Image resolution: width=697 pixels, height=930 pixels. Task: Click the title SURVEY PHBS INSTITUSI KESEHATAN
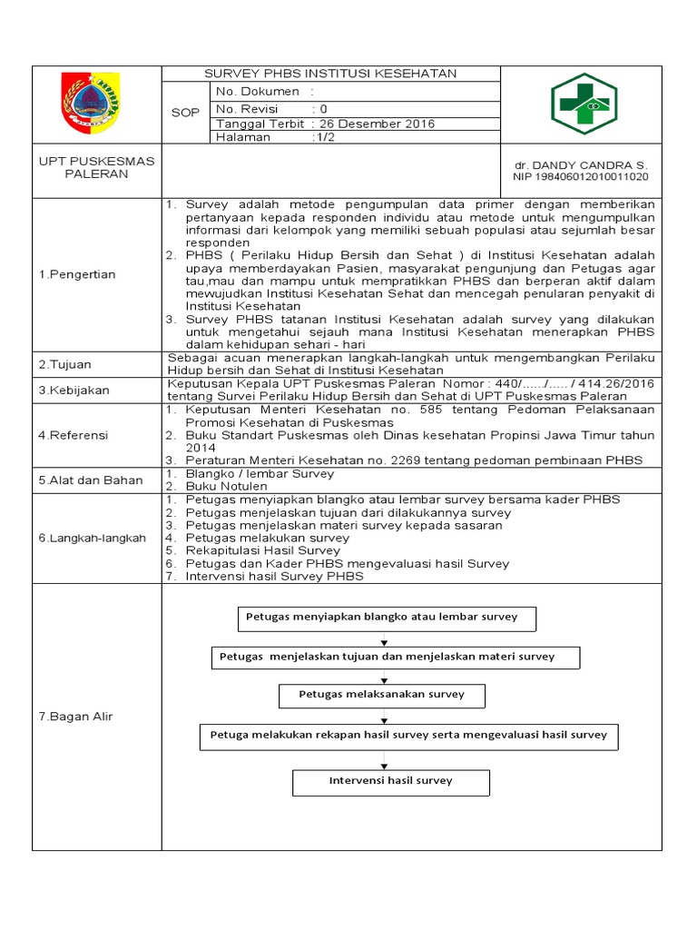[330, 74]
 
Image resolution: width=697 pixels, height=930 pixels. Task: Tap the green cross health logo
[584, 104]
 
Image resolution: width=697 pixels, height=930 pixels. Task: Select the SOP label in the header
[185, 113]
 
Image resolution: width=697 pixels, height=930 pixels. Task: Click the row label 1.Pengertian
[77, 274]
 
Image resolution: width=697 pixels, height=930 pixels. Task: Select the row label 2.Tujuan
[64, 364]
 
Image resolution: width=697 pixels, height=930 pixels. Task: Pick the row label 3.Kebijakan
[74, 390]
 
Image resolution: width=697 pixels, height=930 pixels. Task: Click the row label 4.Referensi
[74, 435]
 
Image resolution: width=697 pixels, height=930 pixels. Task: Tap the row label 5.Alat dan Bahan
[90, 480]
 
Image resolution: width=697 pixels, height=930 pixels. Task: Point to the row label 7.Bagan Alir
[75, 717]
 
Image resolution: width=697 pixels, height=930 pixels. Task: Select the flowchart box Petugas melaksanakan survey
[381, 695]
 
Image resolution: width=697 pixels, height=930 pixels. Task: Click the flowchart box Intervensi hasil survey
[390, 781]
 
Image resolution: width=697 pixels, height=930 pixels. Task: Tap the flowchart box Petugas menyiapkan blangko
[386, 618]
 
